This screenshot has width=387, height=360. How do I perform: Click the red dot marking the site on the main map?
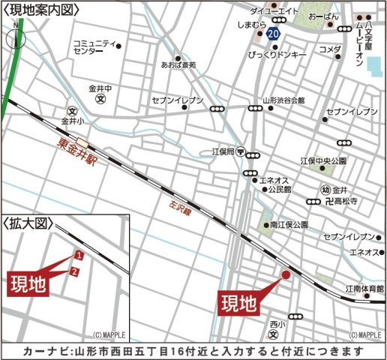tap(286, 275)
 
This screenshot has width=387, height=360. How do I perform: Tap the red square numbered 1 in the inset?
tap(79, 256)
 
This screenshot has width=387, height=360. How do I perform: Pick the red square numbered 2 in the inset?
tap(73, 271)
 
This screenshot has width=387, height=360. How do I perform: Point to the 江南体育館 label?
tap(364, 288)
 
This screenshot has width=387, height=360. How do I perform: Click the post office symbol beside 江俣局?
tap(239, 151)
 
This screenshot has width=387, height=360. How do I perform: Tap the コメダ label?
tap(330, 49)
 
